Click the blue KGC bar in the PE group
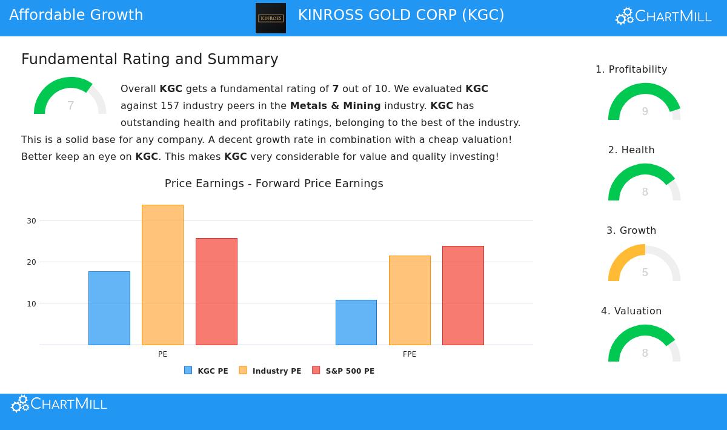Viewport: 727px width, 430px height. click(x=109, y=308)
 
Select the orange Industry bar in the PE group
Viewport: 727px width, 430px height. click(x=162, y=275)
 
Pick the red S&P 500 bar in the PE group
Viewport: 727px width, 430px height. click(x=216, y=291)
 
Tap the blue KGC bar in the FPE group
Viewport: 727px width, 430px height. click(x=356, y=322)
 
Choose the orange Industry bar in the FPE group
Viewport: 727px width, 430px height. click(x=410, y=300)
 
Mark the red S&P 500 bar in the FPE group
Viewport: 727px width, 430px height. click(x=463, y=296)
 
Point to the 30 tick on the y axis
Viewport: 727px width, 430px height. click(x=32, y=221)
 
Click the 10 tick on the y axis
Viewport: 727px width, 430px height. click(x=32, y=304)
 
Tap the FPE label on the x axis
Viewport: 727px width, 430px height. click(x=410, y=354)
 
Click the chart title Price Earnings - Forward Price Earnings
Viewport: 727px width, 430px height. click(x=274, y=184)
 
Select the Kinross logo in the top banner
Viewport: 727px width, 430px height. click(x=271, y=18)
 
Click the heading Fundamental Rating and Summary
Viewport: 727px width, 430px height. click(x=150, y=59)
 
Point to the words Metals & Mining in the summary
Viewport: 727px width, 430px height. click(x=335, y=106)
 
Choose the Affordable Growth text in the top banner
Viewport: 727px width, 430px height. click(x=76, y=15)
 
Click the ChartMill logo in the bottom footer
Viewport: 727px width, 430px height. click(x=59, y=404)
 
